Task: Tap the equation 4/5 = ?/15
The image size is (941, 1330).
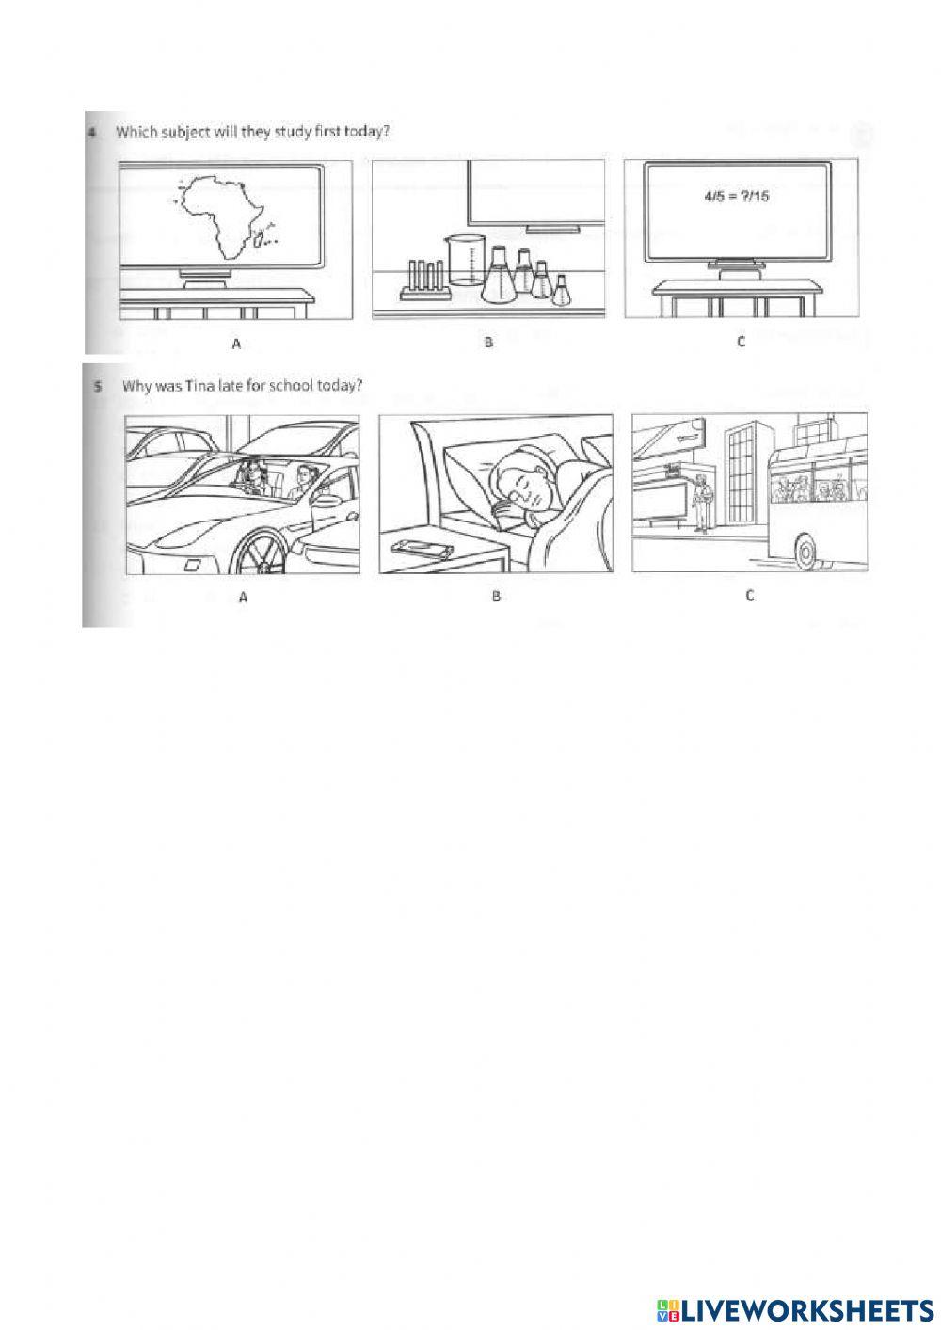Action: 736,196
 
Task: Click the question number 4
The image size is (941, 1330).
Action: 92,133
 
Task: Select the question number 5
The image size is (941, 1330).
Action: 97,387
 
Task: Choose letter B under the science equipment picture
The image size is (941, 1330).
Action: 488,342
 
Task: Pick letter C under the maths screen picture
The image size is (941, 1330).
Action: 741,342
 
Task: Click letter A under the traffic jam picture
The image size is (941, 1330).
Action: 243,598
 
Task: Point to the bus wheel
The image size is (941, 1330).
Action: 805,552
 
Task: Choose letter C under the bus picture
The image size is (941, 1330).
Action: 749,595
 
